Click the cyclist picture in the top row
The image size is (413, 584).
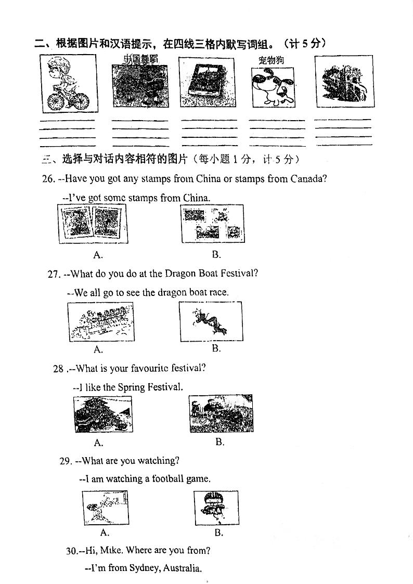(x=68, y=83)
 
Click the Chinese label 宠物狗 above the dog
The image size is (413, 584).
(x=271, y=60)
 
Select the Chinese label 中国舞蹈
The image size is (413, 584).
(x=140, y=58)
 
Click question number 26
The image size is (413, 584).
(x=48, y=179)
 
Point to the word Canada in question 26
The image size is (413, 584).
(x=308, y=179)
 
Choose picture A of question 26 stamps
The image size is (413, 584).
(x=92, y=224)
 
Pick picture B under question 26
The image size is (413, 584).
(x=212, y=224)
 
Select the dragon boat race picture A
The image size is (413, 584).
(x=100, y=322)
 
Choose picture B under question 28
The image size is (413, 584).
(x=221, y=413)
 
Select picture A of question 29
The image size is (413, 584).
(x=105, y=508)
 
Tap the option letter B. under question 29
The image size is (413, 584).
(x=218, y=533)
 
